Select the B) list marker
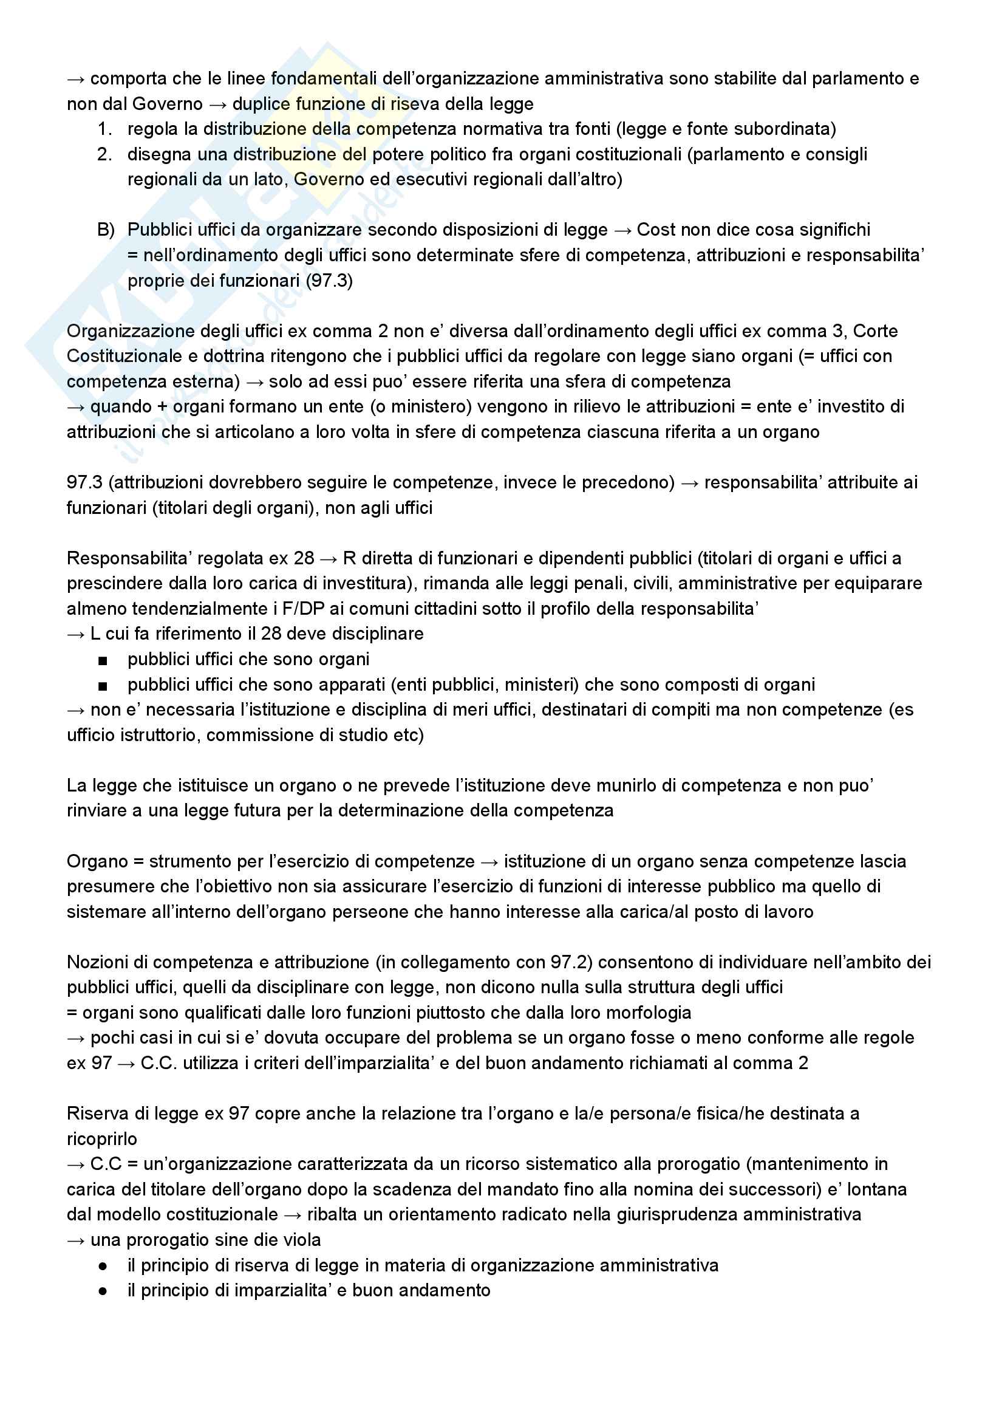point(106,230)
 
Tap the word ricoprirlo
point(102,1139)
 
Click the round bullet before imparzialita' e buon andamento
point(103,1291)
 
